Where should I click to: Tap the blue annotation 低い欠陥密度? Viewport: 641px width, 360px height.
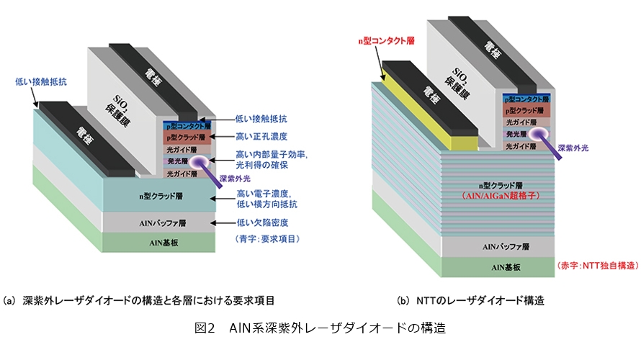tap(262, 224)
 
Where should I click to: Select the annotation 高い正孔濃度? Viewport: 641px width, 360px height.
tap(262, 136)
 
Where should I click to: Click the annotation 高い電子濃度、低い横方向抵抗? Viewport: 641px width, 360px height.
tap(266, 199)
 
